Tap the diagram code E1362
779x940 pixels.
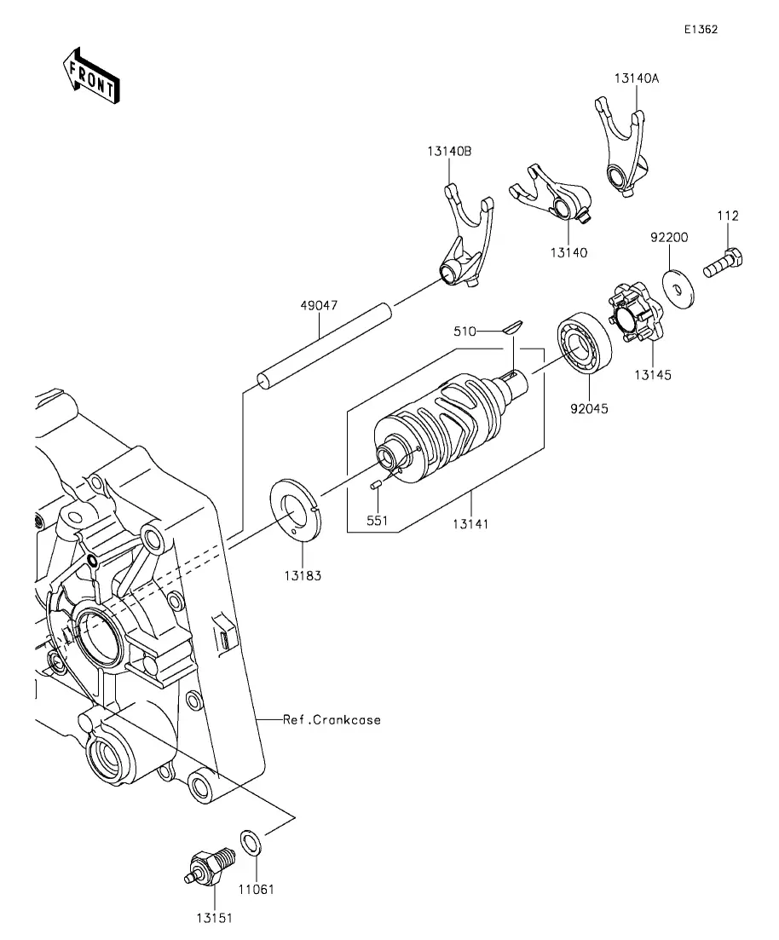click(x=701, y=29)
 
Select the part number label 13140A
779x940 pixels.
click(x=637, y=78)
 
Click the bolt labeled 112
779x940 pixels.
click(x=724, y=264)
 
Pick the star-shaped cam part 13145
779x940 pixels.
click(x=636, y=314)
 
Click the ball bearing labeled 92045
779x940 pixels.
click(x=585, y=343)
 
